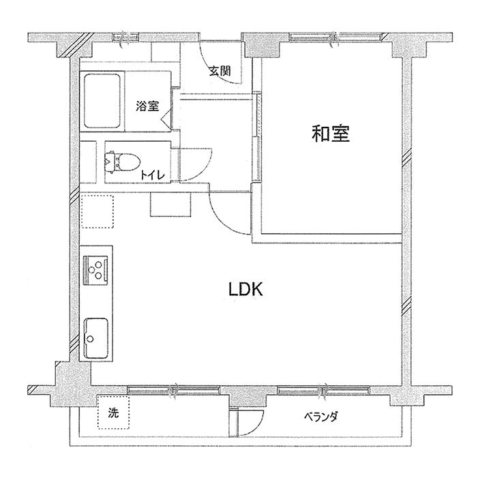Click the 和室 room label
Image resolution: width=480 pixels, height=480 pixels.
click(331, 134)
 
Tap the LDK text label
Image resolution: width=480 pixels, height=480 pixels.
click(246, 289)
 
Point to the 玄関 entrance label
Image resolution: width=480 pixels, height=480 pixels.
click(220, 71)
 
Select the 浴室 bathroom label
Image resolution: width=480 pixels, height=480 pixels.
click(147, 106)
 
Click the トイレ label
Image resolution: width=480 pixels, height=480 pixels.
click(153, 175)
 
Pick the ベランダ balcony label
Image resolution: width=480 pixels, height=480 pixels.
click(321, 417)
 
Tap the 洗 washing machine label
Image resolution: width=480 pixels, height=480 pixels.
click(113, 413)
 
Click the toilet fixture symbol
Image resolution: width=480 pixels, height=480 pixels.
click(122, 162)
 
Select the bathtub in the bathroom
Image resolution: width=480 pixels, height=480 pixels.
click(102, 102)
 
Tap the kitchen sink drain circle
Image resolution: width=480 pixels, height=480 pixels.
click(90, 339)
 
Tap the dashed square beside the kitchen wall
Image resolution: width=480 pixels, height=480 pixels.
click(97, 211)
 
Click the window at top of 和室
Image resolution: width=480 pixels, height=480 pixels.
click(333, 37)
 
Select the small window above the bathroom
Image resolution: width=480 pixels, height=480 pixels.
click(126, 37)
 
